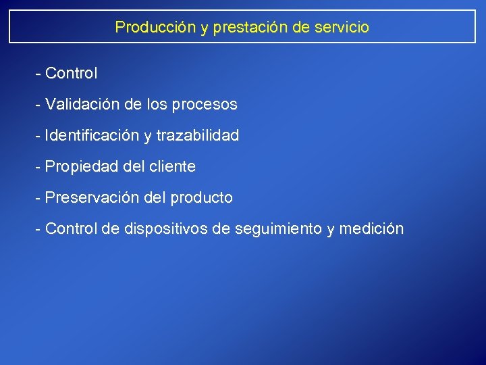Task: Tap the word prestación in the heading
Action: click(234, 27)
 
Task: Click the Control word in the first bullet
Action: click(72, 72)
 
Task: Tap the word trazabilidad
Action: click(198, 135)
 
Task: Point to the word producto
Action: click(201, 197)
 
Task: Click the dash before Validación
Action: click(38, 105)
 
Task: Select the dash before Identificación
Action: click(38, 136)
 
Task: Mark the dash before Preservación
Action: click(38, 198)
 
